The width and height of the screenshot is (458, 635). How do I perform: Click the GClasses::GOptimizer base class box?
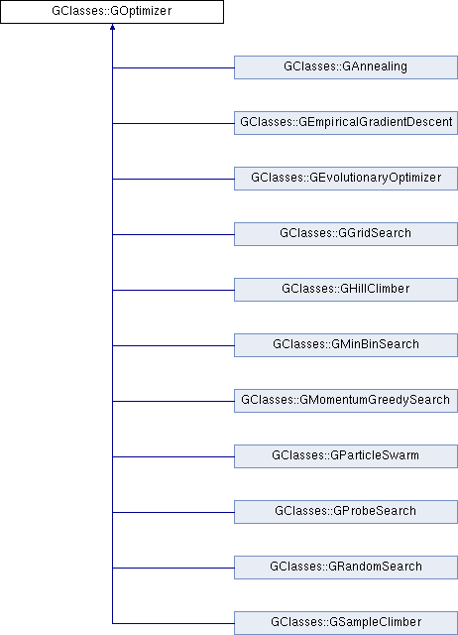tap(112, 11)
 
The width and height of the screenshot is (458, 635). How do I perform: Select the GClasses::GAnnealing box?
tap(346, 67)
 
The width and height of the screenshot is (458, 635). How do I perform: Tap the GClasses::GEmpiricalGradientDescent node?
tap(346, 123)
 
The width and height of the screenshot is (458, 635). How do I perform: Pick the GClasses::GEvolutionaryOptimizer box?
tap(346, 179)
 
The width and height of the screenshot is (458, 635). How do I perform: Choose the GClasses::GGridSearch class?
tap(346, 234)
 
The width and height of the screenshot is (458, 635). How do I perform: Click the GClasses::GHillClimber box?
tap(346, 289)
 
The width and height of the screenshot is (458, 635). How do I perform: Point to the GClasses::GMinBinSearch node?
tap(346, 345)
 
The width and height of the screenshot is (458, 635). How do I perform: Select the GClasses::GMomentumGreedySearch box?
tap(346, 401)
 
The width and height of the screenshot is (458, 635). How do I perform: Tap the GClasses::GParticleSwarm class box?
tap(346, 456)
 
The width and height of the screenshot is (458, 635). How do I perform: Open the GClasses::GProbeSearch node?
tap(346, 512)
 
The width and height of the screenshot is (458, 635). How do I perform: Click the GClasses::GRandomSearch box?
tap(346, 567)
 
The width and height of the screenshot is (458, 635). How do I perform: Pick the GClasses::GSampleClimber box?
tap(346, 623)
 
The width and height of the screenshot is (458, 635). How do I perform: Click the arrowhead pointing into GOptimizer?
tap(112, 27)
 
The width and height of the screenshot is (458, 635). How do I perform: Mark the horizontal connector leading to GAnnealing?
tap(173, 67)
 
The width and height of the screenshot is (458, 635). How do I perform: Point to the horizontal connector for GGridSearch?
tap(173, 234)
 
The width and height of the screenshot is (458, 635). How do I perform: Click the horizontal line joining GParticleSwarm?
tap(173, 456)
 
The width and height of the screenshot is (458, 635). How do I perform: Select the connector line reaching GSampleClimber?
tap(173, 623)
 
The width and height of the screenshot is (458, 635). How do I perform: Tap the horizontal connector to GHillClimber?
tap(173, 290)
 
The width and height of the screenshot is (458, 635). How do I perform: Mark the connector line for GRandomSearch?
tap(173, 568)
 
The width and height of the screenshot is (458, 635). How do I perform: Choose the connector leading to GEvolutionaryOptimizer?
tap(173, 179)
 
